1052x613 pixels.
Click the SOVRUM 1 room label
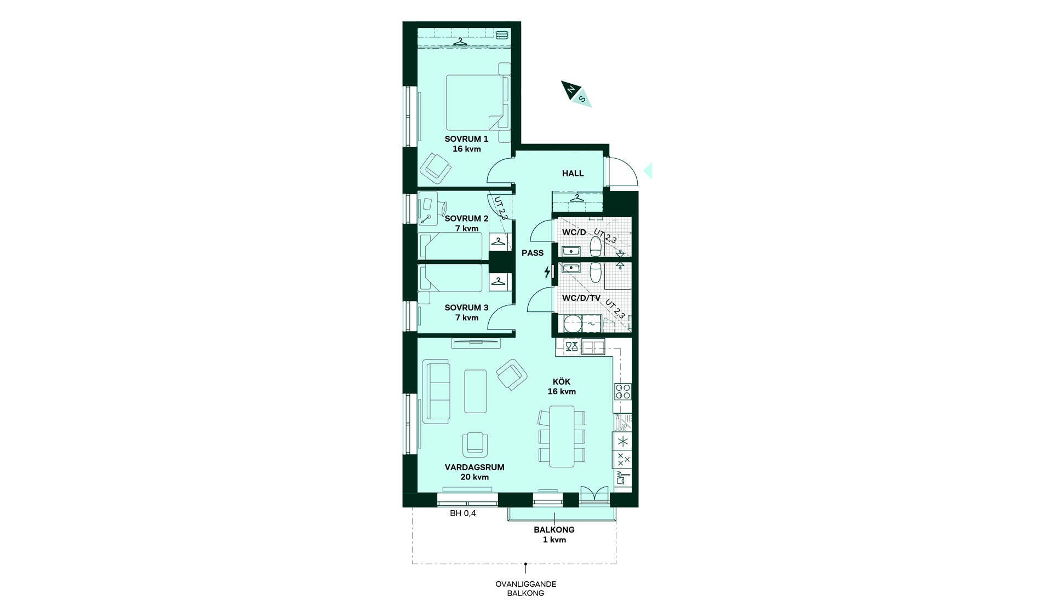(x=466, y=139)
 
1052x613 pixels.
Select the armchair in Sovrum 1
(x=435, y=169)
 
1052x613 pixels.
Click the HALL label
(x=573, y=174)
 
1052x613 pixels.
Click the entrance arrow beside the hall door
(x=648, y=171)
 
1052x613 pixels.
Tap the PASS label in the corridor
(x=533, y=253)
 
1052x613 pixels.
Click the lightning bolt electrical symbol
(x=547, y=271)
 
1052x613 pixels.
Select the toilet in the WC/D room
(x=596, y=246)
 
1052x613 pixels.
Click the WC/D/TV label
(x=581, y=298)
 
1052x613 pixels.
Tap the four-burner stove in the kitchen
(x=623, y=391)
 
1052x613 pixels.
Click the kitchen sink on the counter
(x=593, y=346)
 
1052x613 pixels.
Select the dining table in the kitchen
(x=562, y=436)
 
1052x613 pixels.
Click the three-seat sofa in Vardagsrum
(x=437, y=391)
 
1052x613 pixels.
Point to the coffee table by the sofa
(x=475, y=391)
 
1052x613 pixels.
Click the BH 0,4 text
(x=463, y=513)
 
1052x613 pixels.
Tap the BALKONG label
(x=554, y=530)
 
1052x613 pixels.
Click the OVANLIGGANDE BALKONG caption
(x=525, y=588)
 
